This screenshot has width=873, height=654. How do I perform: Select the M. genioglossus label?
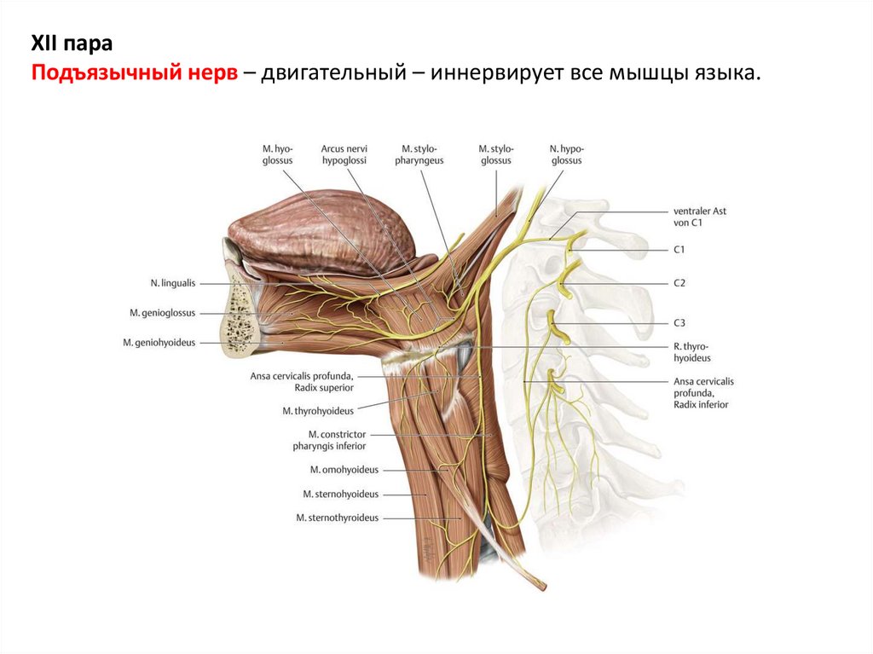click(x=162, y=313)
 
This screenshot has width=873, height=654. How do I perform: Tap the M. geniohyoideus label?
click(x=159, y=343)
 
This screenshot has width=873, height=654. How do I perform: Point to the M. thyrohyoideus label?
click(x=318, y=410)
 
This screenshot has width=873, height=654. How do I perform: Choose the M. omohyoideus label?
click(x=344, y=469)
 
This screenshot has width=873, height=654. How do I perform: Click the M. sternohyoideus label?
click(x=340, y=494)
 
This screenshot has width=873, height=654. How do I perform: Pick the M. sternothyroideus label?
click(x=337, y=518)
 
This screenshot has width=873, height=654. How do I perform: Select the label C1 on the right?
click(x=679, y=250)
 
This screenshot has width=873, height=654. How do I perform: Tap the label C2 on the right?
click(x=679, y=282)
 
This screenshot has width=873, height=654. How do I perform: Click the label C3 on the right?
click(x=679, y=322)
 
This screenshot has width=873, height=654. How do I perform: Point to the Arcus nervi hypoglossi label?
click(x=345, y=153)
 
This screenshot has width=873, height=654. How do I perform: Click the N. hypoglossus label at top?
click(x=565, y=153)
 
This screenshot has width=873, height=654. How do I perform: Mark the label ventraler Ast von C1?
click(x=699, y=217)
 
